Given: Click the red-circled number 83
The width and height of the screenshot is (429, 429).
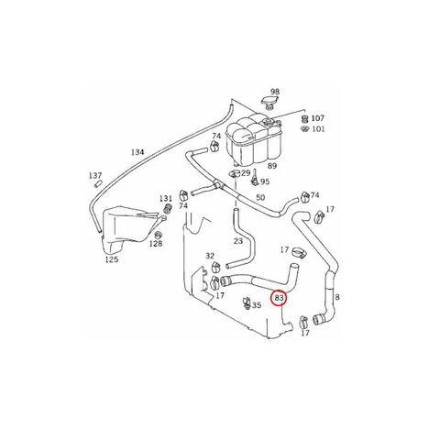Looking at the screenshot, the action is tap(280, 298).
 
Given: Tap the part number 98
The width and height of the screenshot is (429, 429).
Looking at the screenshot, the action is tap(275, 92).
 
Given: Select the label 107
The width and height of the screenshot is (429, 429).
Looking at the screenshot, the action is tap(318, 118).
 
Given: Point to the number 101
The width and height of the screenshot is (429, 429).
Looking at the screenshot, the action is tap(318, 129).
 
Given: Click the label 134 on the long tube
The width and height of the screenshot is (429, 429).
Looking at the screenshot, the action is tap(137, 152).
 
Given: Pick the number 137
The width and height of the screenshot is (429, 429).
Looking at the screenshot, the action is tap(95, 176).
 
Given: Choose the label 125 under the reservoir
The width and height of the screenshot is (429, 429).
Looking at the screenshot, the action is tap(112, 259).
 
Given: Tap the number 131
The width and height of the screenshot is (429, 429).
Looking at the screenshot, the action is tap(166, 199).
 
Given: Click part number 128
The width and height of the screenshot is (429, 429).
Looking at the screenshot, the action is tap(156, 244).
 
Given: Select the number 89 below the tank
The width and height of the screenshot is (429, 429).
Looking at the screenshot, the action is tap(272, 166).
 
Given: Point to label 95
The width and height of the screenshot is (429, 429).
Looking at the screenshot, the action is tap(265, 181).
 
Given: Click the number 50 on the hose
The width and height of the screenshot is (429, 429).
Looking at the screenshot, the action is tap(260, 197).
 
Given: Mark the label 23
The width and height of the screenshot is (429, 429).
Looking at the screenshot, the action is tap(238, 241).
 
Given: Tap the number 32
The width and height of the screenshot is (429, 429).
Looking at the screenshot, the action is tap(210, 256).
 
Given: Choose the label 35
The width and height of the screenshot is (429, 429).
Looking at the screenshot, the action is tap(257, 305).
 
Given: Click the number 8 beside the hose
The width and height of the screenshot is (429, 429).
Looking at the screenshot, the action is tap(337, 297).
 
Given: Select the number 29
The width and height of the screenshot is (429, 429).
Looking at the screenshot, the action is tap(246, 173).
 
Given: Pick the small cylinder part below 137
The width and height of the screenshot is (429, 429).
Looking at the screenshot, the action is tap(98, 184).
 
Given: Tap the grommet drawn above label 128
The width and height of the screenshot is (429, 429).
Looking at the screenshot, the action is tap(158, 235).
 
